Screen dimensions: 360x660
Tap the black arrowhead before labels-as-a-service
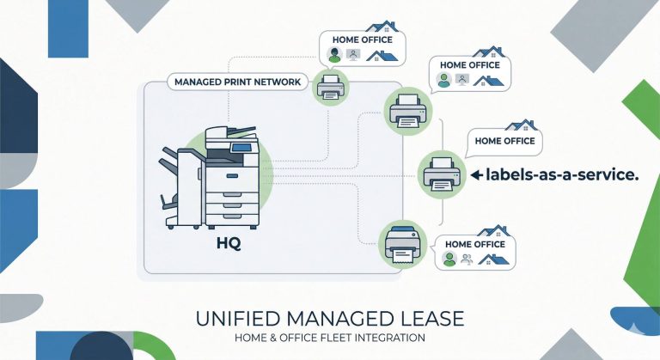coord(475,175)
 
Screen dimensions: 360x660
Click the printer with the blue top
coord(403,243)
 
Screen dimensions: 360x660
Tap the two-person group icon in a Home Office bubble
coord(464,258)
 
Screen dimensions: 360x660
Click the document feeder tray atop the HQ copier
coord(234,132)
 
